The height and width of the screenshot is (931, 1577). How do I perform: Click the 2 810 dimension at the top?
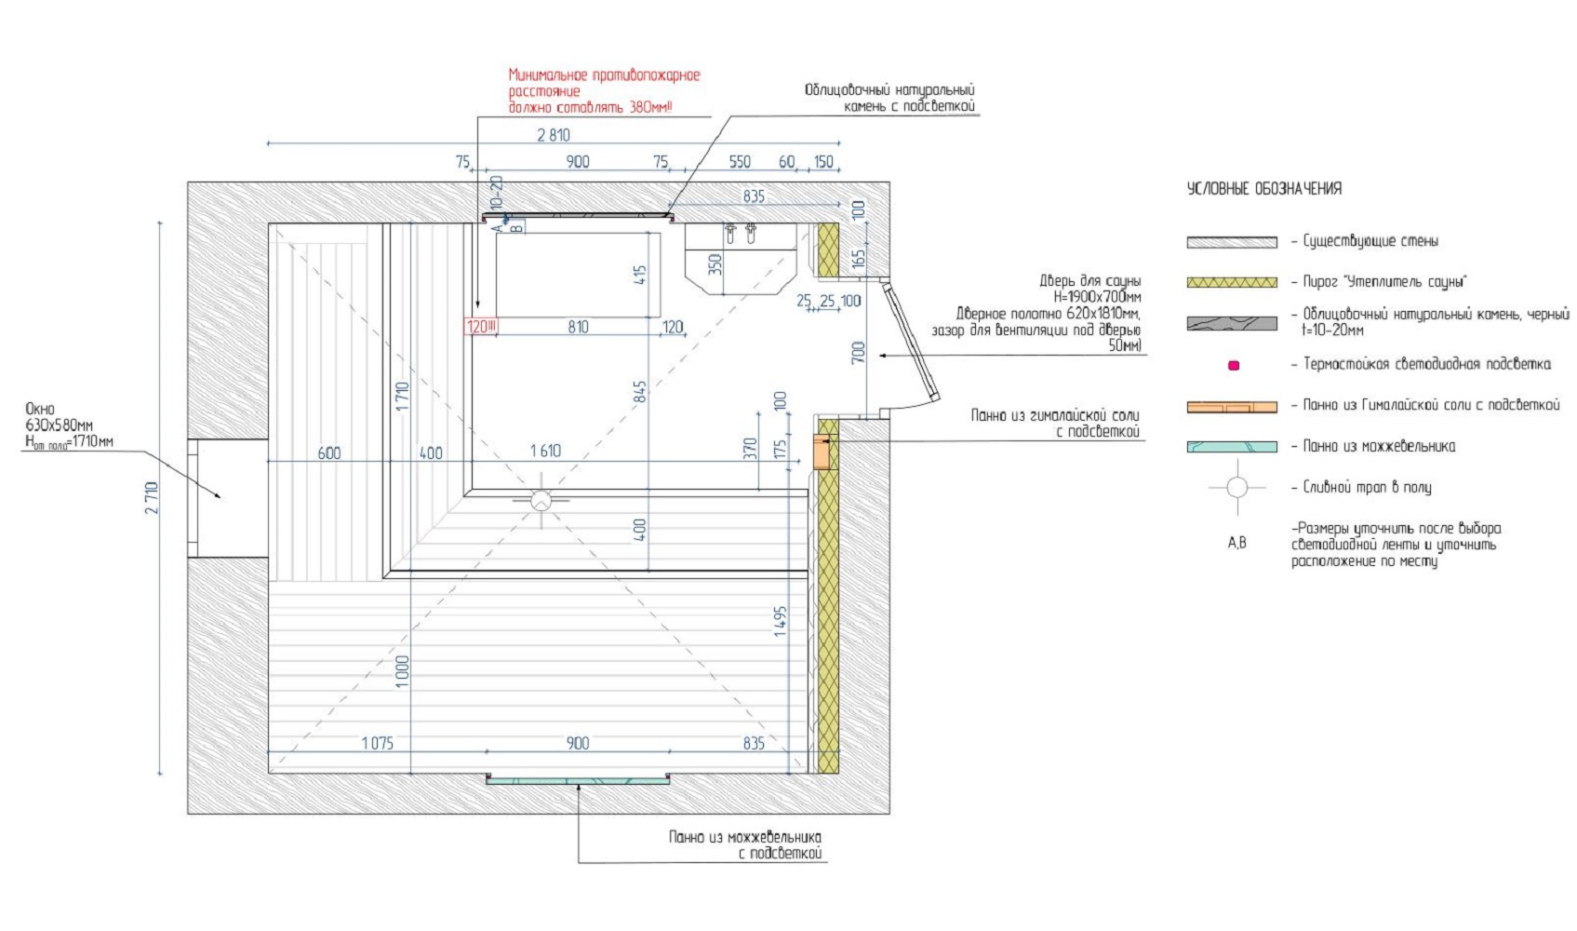click(x=554, y=135)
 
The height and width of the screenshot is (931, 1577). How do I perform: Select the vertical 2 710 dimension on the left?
click(x=152, y=498)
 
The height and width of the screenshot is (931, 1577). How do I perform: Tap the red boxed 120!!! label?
click(x=481, y=327)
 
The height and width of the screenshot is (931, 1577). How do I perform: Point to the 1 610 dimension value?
click(x=545, y=452)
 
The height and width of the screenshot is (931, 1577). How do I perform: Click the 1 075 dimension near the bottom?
click(x=377, y=743)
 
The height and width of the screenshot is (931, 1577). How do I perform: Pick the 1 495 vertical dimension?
click(x=780, y=622)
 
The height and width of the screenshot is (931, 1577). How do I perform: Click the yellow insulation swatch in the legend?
click(x=1231, y=282)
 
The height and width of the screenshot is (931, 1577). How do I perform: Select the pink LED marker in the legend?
click(x=1234, y=366)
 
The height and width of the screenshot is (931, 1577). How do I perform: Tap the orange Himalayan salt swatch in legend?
click(x=1231, y=407)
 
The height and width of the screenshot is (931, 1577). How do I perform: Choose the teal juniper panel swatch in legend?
click(x=1231, y=447)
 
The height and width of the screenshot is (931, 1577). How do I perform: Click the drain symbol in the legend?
click(x=1236, y=487)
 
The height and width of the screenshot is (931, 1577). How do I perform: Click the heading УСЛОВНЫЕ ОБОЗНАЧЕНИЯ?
click(x=1263, y=189)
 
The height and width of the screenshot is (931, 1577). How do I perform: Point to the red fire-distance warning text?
click(x=603, y=91)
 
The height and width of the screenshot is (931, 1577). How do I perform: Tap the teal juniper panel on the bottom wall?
click(x=577, y=780)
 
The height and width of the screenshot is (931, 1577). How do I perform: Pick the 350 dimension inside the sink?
click(x=715, y=264)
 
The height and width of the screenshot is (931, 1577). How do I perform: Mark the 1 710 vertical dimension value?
click(x=403, y=398)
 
